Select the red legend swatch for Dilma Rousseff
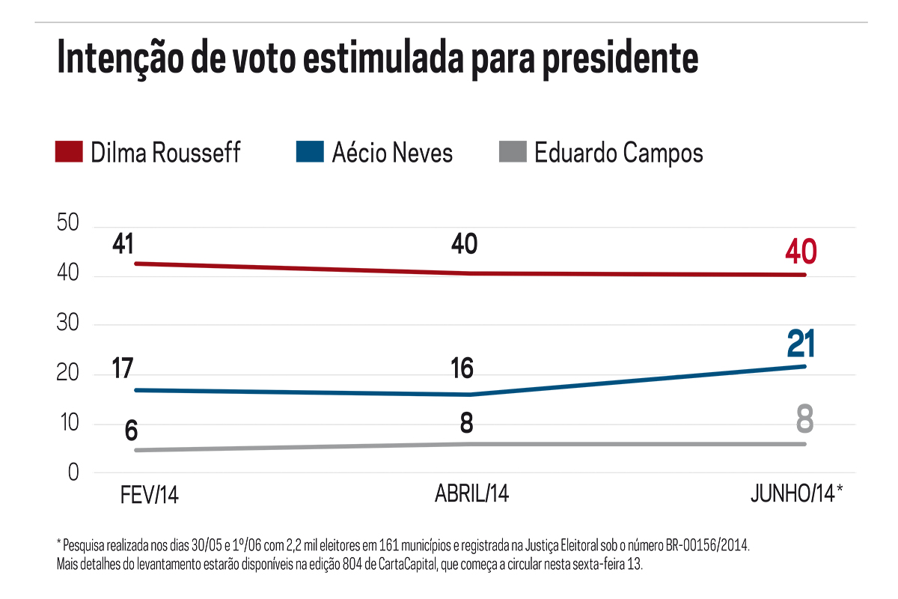click(x=69, y=152)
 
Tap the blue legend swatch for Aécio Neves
click(x=309, y=152)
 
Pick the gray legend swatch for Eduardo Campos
click(x=512, y=152)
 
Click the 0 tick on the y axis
click(x=73, y=473)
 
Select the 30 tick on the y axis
click(x=68, y=325)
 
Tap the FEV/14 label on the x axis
click(x=150, y=495)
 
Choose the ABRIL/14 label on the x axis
click(x=471, y=495)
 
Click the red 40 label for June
click(x=800, y=252)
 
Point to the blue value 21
click(x=800, y=344)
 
